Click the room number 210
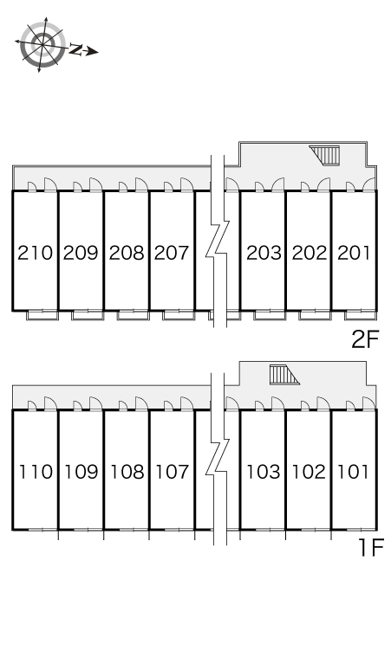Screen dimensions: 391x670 pyautogui.click(x=35, y=253)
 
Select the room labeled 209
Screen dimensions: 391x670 pyautogui.click(x=81, y=253)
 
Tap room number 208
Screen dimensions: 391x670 pyautogui.click(x=127, y=253)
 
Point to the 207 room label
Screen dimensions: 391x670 pyautogui.click(x=171, y=253)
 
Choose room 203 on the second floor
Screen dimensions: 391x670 pyautogui.click(x=264, y=253)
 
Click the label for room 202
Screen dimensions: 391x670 pyautogui.click(x=309, y=253)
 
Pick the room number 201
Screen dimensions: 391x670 pyautogui.click(x=354, y=253)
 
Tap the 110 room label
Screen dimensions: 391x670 pyautogui.click(x=36, y=472)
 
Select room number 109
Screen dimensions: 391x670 pyautogui.click(x=81, y=472)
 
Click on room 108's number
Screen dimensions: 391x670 pyautogui.click(x=127, y=472)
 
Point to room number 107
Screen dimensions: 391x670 pyautogui.click(x=172, y=472)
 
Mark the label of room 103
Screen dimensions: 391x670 pyautogui.click(x=264, y=472)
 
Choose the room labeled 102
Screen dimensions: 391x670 pyautogui.click(x=309, y=472)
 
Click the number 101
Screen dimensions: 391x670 pyautogui.click(x=354, y=472)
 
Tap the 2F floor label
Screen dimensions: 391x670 pyautogui.click(x=365, y=339)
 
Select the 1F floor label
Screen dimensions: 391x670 pyautogui.click(x=370, y=547)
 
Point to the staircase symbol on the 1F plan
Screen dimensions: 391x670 pyautogui.click(x=283, y=375)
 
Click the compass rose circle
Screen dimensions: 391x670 pyautogui.click(x=42, y=45)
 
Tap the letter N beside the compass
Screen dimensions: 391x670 pyautogui.click(x=76, y=49)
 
